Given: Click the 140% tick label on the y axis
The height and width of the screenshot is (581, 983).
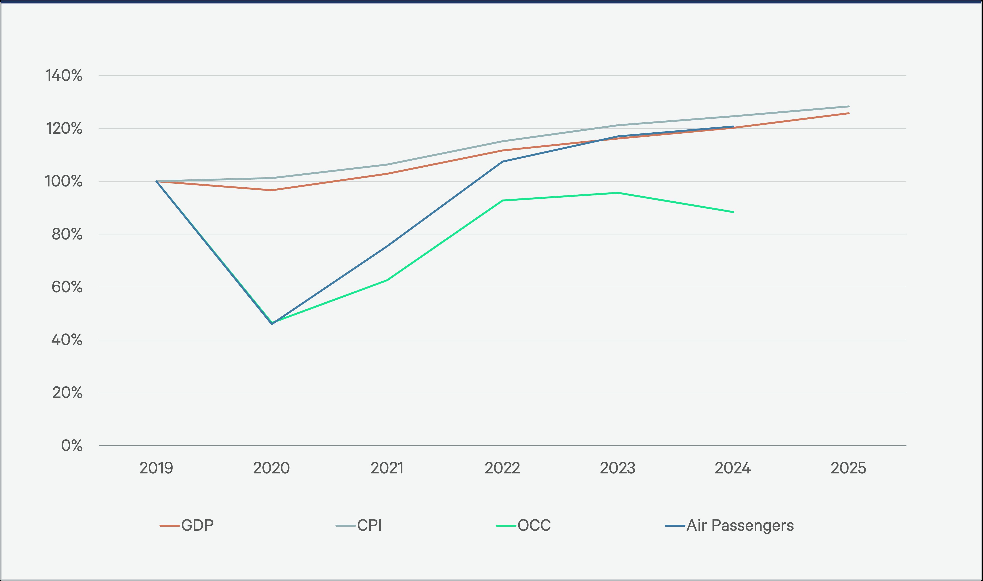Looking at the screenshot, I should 64,75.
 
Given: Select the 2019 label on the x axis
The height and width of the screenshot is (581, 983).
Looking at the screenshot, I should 156,468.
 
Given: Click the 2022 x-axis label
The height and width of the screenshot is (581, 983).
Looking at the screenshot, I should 502,468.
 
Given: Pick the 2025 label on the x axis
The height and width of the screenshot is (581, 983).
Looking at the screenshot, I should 848,468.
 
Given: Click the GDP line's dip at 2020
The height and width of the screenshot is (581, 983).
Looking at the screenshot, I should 272,190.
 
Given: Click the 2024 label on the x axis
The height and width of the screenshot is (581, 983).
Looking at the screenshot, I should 733,468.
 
